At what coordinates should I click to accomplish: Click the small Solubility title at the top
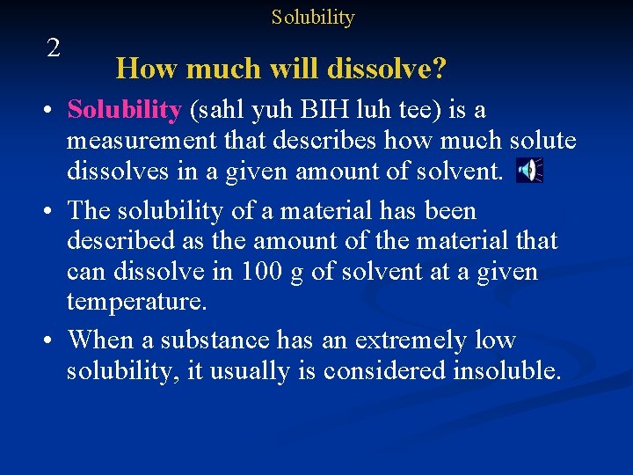pyautogui.click(x=312, y=18)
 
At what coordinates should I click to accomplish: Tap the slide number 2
pyautogui.click(x=54, y=48)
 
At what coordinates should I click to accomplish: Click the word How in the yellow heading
pyautogui.click(x=141, y=68)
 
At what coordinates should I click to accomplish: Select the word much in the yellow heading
pyautogui.click(x=211, y=68)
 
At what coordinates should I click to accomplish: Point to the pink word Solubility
pyautogui.click(x=124, y=111)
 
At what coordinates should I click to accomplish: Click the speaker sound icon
pyautogui.click(x=529, y=171)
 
